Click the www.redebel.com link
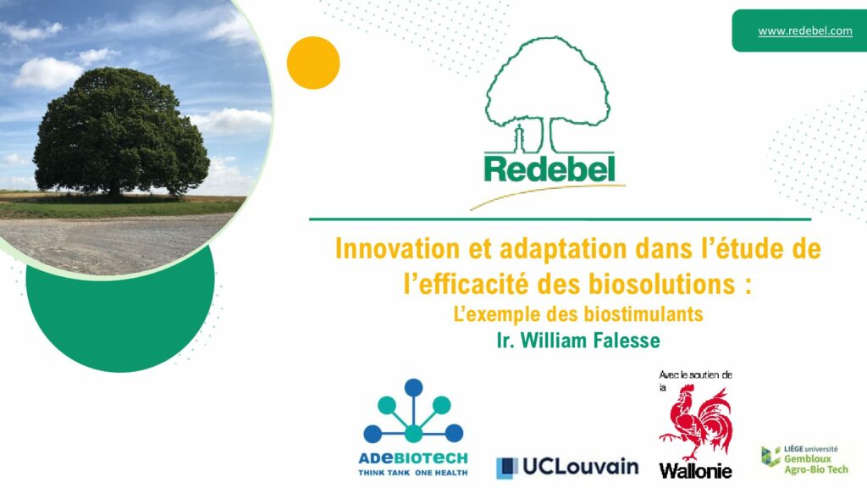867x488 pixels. click(805, 31)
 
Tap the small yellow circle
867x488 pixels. click(313, 63)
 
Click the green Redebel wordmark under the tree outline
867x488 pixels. click(549, 169)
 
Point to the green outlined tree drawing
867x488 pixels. click(548, 94)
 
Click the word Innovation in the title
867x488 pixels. click(398, 248)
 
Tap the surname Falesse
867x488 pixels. click(627, 341)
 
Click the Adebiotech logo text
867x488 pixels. click(413, 458)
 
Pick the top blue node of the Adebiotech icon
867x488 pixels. click(413, 388)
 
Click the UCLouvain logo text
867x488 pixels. click(580, 467)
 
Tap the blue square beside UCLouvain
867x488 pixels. click(507, 468)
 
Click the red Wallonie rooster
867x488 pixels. click(696, 424)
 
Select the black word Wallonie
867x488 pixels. click(696, 471)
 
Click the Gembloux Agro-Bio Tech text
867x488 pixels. click(815, 464)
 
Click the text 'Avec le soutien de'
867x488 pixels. click(696, 374)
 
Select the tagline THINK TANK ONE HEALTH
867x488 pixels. click(413, 473)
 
